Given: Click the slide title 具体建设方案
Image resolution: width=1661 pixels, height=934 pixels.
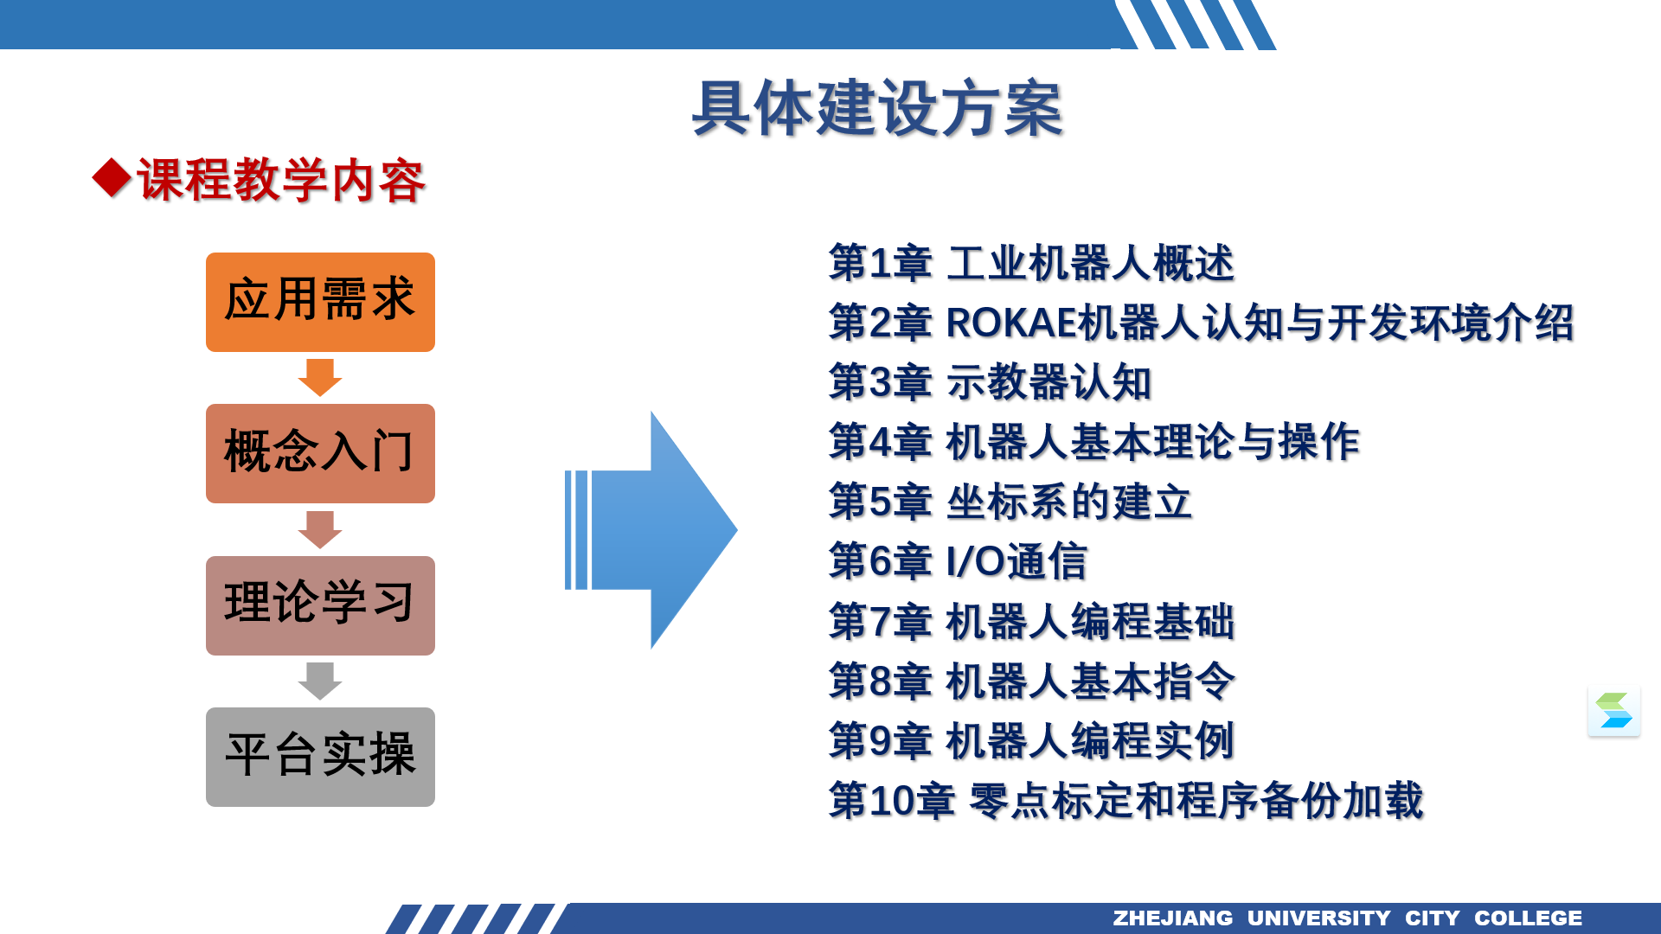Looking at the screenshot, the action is [x=877, y=109].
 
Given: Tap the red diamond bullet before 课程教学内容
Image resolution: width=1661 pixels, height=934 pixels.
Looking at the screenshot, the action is [x=112, y=178].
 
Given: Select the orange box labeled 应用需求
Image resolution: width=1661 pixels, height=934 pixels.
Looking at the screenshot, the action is [x=320, y=302].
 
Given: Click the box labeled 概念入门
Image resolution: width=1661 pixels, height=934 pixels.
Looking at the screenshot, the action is [x=320, y=453].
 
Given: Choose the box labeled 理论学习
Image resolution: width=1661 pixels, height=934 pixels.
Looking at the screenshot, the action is [x=320, y=605].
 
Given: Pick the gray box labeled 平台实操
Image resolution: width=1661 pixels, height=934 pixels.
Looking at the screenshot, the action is [x=320, y=757].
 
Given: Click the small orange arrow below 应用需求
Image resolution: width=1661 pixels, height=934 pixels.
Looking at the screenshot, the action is [x=320, y=377].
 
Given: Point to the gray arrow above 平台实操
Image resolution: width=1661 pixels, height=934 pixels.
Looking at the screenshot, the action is [x=320, y=681].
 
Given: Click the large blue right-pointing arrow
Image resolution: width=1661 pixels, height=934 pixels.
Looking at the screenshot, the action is [x=651, y=530].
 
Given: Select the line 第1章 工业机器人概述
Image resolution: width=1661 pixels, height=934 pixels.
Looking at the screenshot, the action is [x=1031, y=263].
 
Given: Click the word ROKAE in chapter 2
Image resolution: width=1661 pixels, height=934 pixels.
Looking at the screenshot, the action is [x=1012, y=323].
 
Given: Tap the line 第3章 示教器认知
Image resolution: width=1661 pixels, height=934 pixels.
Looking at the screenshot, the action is [x=990, y=382].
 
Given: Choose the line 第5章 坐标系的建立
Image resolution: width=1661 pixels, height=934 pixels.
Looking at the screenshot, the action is [x=1010, y=502].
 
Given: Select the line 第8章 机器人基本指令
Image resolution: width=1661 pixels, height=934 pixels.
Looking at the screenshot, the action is [x=1031, y=681].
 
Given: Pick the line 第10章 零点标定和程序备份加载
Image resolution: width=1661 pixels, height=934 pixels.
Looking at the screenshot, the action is [x=1126, y=800].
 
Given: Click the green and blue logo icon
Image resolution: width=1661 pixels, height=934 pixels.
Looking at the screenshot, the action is [x=1614, y=711].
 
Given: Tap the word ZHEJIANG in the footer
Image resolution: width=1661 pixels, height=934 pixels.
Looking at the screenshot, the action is [x=1172, y=918].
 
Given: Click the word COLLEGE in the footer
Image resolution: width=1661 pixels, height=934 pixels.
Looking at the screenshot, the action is [x=1528, y=918].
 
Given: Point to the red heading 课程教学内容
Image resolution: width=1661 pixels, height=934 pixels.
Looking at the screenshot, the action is [x=281, y=180].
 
